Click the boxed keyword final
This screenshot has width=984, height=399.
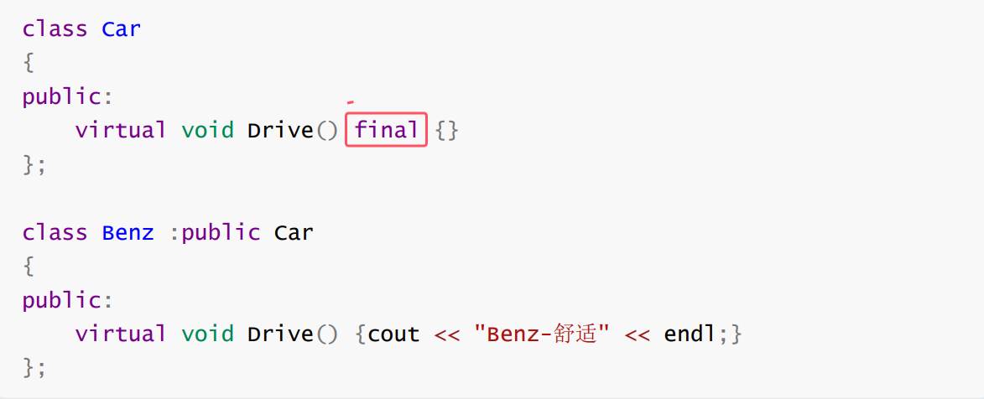point(386,130)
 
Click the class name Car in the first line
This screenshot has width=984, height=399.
point(122,28)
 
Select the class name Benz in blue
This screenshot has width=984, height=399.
point(128,232)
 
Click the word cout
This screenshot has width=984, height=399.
point(393,334)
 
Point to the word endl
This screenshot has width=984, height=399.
point(690,334)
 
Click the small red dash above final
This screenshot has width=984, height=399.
point(350,102)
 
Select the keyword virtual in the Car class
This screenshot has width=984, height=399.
point(121,130)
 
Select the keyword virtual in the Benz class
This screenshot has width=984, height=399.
point(121,334)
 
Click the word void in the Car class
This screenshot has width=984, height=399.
point(207,130)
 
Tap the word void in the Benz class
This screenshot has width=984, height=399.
point(207,334)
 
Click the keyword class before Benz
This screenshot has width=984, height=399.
point(55,232)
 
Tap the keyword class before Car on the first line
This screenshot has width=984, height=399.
point(55,28)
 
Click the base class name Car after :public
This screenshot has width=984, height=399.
point(294,232)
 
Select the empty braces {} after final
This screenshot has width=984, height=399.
point(447,130)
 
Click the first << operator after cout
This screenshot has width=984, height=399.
point(446,334)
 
